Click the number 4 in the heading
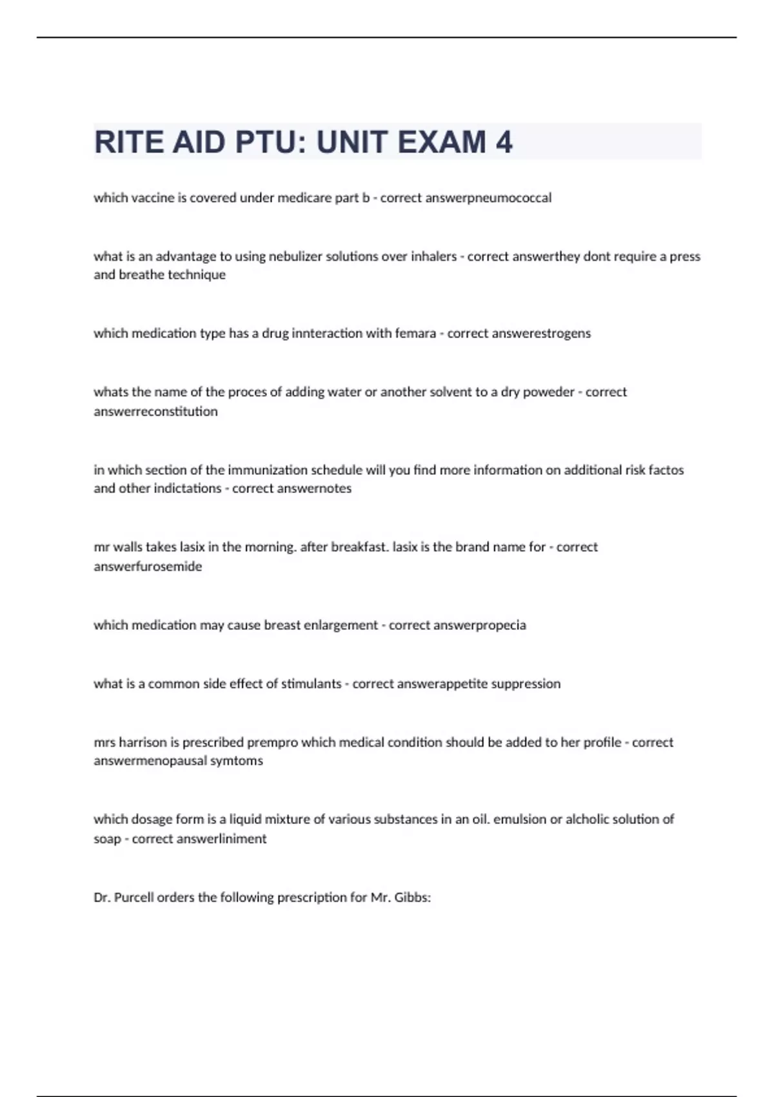point(504,143)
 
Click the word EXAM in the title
point(442,143)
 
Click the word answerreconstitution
point(155,412)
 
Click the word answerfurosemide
point(148,567)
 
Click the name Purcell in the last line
point(134,898)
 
